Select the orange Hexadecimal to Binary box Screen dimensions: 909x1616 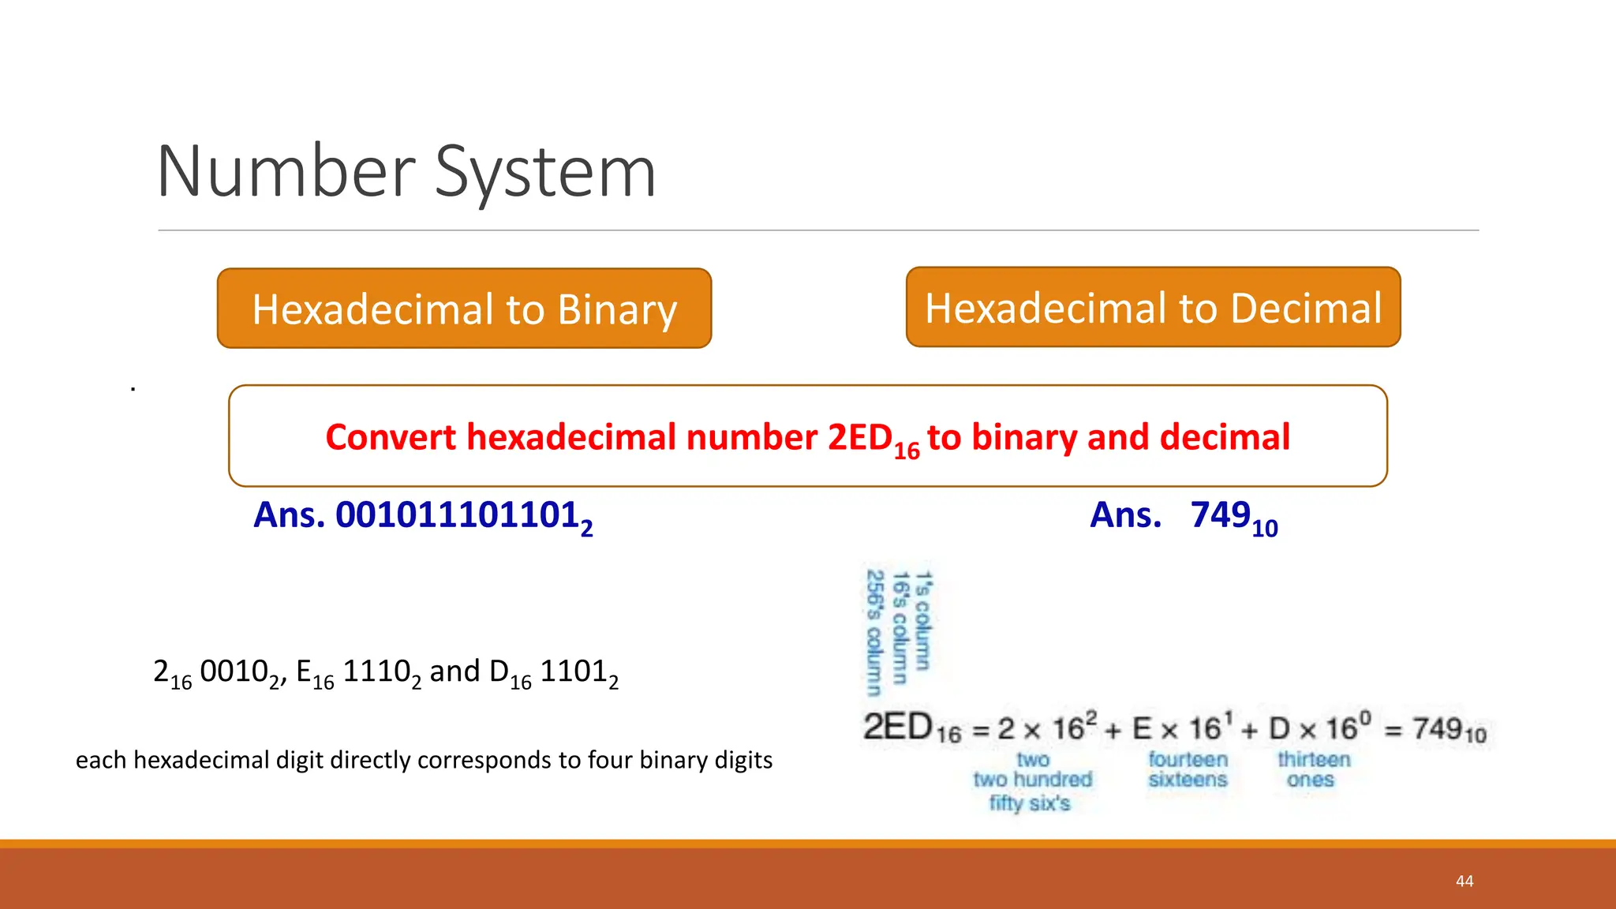click(464, 309)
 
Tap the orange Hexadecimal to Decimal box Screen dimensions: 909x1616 click(1153, 308)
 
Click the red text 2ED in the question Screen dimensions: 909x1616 click(860, 437)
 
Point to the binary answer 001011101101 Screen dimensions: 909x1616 click(458, 515)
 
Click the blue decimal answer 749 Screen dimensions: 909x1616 click(1221, 515)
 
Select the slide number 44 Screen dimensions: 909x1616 click(1464, 881)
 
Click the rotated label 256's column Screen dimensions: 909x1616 click(873, 633)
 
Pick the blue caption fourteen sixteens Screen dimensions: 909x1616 click(1188, 769)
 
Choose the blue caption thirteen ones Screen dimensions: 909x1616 click(1314, 769)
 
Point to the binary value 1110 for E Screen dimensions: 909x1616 click(377, 671)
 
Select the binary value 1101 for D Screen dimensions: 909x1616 click(574, 671)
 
